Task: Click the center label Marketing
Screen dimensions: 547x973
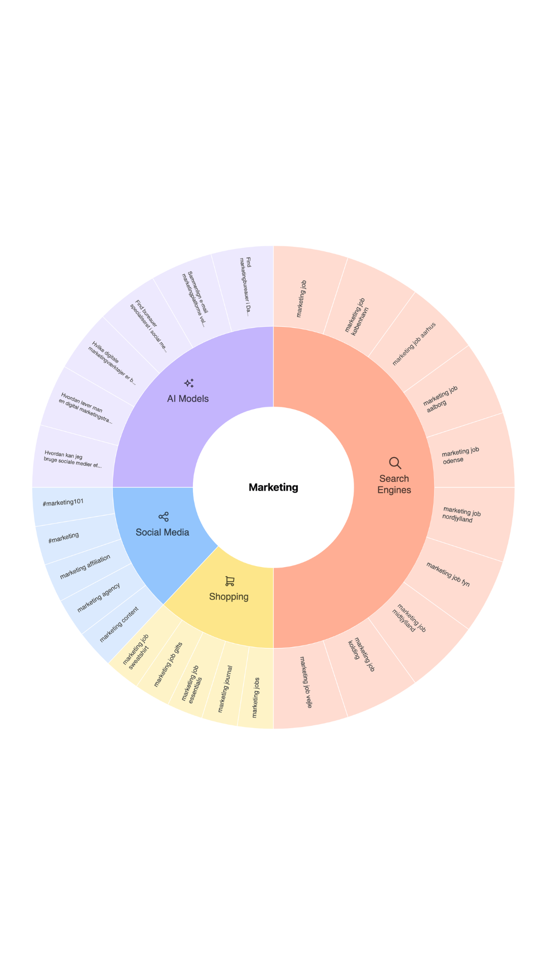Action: (x=273, y=488)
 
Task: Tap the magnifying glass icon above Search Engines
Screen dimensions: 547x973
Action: (x=395, y=463)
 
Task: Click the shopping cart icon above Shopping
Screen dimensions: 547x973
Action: (x=229, y=581)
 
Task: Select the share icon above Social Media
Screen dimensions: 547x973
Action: (x=163, y=517)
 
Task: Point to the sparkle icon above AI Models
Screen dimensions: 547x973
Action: (x=189, y=383)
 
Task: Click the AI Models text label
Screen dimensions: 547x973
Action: (x=188, y=399)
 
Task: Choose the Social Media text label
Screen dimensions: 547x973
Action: (x=163, y=532)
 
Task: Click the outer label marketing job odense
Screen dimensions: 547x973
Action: (x=460, y=455)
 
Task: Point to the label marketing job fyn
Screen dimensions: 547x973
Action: (x=448, y=574)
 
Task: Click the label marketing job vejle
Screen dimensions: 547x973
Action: (x=306, y=682)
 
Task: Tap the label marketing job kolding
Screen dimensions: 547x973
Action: (x=361, y=654)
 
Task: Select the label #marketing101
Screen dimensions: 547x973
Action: (x=63, y=503)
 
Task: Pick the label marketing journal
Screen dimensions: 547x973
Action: (x=225, y=689)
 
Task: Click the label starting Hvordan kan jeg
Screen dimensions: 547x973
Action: (x=72, y=459)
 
